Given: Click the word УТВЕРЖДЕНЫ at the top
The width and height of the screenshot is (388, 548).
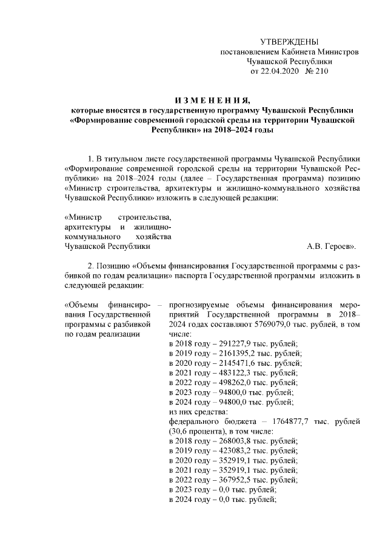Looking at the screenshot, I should [x=289, y=41].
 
